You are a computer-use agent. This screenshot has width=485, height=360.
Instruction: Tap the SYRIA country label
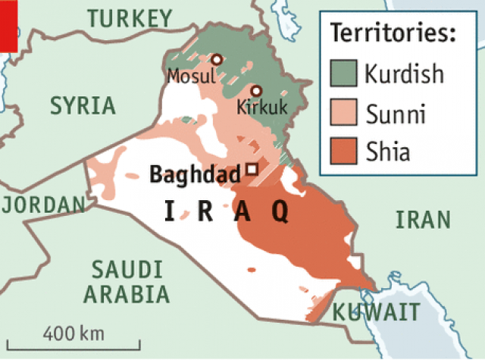[x=83, y=105]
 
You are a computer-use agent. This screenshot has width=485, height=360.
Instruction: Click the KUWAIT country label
[x=377, y=311]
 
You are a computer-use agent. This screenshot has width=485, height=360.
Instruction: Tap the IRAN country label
[x=423, y=220]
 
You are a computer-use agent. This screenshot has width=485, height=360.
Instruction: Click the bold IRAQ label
[x=227, y=212]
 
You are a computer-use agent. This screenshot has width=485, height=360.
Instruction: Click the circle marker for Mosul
[x=217, y=59]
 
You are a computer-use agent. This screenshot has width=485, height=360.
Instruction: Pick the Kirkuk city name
[x=262, y=108]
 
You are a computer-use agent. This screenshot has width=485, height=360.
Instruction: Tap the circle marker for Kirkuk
[x=256, y=90]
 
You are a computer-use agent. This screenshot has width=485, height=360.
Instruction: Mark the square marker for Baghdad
[x=252, y=169]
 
